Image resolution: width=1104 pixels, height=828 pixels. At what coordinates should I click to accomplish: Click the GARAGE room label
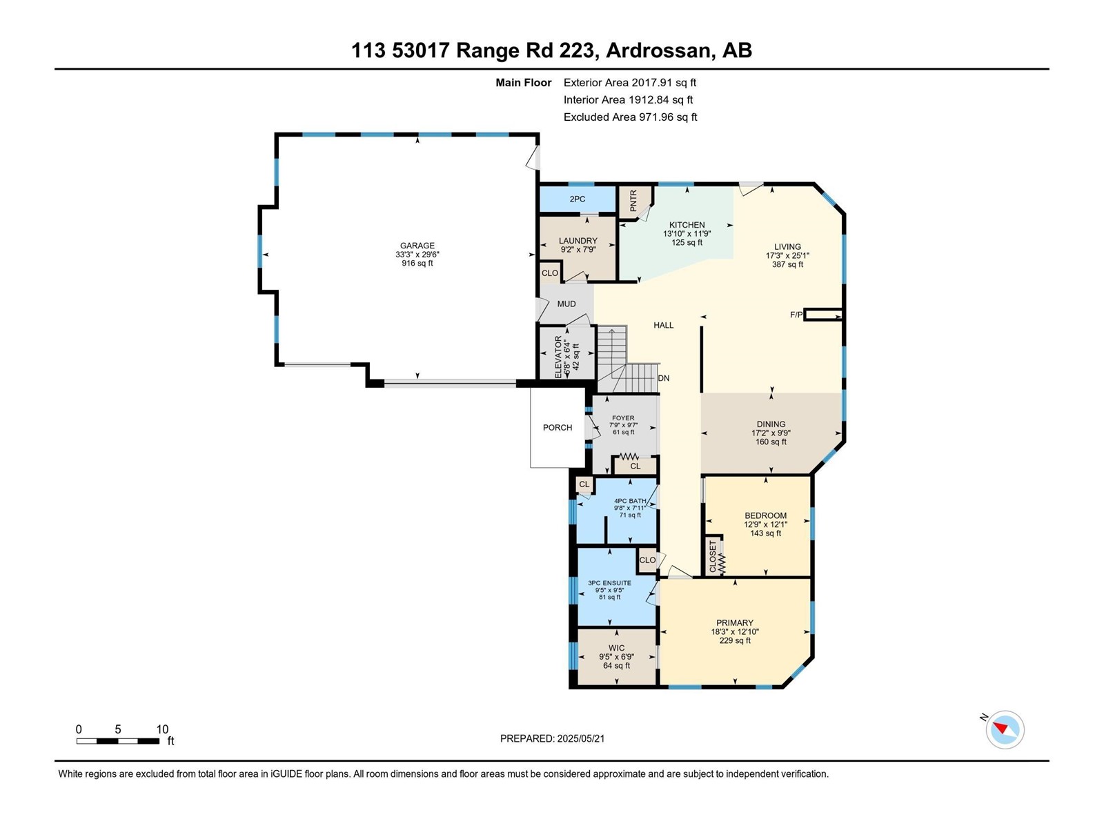pyautogui.click(x=417, y=246)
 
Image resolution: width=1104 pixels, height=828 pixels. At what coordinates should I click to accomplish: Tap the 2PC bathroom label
pyautogui.click(x=577, y=199)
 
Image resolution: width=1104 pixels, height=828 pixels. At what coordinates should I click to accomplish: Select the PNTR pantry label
pyautogui.click(x=633, y=201)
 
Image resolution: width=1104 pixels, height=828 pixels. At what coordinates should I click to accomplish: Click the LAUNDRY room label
pyautogui.click(x=578, y=241)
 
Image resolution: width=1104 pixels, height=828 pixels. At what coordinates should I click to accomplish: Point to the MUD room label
pyautogui.click(x=566, y=304)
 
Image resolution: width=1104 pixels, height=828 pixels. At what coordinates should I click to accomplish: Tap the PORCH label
pyautogui.click(x=558, y=427)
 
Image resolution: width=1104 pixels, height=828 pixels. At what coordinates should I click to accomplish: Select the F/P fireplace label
pyautogui.click(x=796, y=315)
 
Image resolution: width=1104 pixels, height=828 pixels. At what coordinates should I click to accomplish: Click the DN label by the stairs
pyautogui.click(x=663, y=378)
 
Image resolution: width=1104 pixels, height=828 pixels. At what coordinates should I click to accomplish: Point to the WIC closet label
pyautogui.click(x=616, y=648)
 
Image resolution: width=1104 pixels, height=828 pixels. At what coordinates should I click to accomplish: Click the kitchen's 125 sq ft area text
pyautogui.click(x=687, y=243)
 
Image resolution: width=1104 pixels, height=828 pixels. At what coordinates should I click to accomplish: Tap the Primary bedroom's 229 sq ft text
pyautogui.click(x=735, y=640)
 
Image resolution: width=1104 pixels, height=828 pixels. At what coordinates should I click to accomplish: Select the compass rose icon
pyautogui.click(x=1005, y=729)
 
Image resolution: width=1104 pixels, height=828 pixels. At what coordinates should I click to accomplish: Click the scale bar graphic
pyautogui.click(x=118, y=741)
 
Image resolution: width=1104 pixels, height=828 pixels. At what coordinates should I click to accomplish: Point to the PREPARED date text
pyautogui.click(x=552, y=738)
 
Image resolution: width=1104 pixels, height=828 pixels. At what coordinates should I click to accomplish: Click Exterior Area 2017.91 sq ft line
pyautogui.click(x=630, y=82)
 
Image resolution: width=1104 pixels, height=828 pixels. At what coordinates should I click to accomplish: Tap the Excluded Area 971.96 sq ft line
pyautogui.click(x=630, y=117)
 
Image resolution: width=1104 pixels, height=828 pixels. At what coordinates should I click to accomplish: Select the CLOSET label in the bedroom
pyautogui.click(x=713, y=557)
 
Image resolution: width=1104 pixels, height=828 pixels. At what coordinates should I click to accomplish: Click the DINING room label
pyautogui.click(x=771, y=424)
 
